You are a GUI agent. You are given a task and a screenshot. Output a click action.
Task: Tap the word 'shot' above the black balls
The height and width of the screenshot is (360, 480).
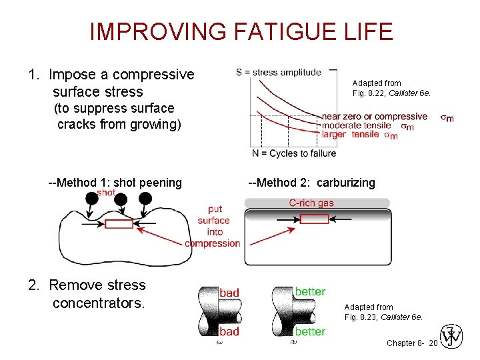(106, 193)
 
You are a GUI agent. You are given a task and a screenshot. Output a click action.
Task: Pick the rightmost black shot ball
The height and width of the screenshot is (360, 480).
(145, 199)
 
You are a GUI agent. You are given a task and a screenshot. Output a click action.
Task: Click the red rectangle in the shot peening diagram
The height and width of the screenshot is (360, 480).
(119, 223)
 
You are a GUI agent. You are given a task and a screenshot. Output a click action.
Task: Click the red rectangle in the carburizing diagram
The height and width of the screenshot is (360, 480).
(314, 219)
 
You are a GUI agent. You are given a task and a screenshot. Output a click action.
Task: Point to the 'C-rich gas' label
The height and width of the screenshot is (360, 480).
(311, 203)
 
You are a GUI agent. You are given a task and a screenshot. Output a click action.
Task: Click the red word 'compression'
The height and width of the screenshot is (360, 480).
(213, 243)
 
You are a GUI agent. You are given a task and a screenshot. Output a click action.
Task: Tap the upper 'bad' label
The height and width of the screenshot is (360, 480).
(229, 292)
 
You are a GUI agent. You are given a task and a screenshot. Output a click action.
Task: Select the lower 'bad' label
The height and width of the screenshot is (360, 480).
(229, 331)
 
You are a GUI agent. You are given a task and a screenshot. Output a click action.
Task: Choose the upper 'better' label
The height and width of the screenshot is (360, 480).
(310, 291)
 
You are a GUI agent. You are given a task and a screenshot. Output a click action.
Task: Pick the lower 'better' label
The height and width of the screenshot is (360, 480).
(310, 331)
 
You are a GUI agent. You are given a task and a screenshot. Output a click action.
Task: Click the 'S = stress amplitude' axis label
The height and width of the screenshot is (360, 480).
(278, 72)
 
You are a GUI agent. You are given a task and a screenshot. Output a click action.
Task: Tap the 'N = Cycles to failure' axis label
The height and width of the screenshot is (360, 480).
(293, 153)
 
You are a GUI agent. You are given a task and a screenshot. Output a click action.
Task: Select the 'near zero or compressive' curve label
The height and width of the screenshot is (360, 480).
(374, 117)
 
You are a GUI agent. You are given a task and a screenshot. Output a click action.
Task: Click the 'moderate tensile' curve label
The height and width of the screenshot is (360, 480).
(356, 125)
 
